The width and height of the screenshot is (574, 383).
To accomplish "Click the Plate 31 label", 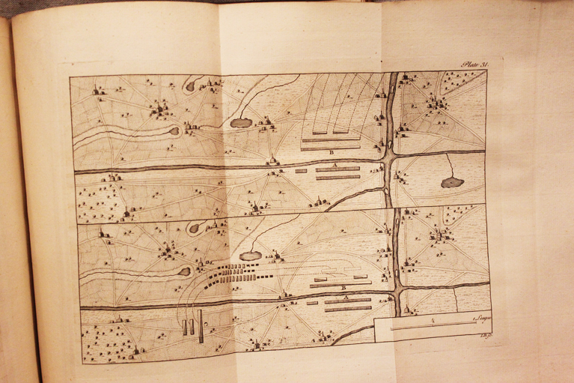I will (474, 65).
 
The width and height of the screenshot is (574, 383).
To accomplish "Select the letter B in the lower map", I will (342, 288).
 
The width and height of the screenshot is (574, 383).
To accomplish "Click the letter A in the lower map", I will (346, 297).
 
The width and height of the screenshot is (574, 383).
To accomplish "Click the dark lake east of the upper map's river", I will (452, 182).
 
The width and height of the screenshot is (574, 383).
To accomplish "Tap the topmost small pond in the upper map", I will (190, 86).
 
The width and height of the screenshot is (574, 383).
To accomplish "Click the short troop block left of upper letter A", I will (301, 171).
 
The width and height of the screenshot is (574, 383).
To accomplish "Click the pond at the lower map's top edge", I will (194, 228).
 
